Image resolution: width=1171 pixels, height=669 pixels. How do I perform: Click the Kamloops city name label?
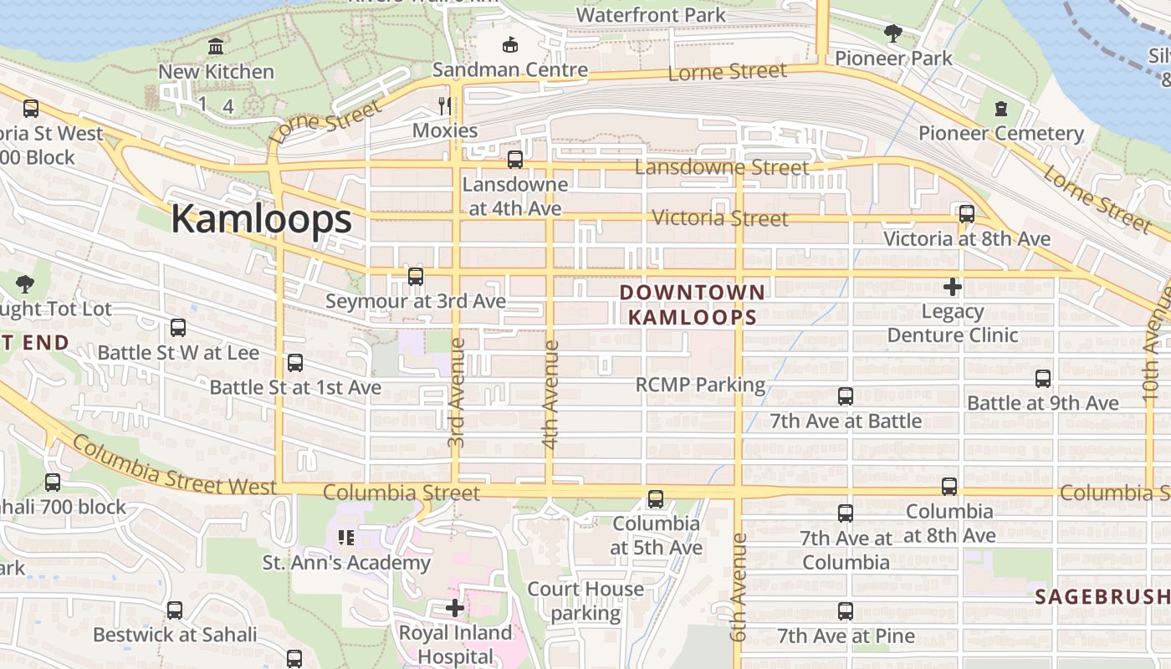261,219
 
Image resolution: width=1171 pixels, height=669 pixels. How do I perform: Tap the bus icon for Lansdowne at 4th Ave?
515,159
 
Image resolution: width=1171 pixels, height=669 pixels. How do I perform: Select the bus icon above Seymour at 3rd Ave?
416,276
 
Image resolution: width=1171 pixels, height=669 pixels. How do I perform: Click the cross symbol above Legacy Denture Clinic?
952,288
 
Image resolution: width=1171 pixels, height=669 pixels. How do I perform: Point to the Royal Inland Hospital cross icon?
455,608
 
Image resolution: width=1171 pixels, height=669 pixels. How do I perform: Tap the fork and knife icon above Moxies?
445,105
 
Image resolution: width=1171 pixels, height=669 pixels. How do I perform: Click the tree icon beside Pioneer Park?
893,33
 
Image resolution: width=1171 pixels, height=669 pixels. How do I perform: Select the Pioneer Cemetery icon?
1001,108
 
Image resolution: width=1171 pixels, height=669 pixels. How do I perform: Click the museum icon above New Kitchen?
216,46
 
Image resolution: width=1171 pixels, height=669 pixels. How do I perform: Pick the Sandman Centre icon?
509,44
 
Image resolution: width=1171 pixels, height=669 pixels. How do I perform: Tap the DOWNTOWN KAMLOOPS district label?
693,304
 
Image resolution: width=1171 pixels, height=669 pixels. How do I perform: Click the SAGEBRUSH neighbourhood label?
1102,597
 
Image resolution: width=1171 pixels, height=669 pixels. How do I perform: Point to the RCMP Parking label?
700,385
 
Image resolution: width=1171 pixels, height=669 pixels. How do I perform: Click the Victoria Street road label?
719,218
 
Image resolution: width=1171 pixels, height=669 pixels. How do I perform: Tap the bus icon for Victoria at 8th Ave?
967,213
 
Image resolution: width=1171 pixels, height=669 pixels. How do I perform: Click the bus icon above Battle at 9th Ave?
1042,378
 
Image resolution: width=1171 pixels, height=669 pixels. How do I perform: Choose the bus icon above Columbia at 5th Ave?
656,499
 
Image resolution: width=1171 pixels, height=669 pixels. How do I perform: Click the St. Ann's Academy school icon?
346,537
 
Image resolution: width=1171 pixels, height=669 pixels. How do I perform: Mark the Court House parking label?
585,600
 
